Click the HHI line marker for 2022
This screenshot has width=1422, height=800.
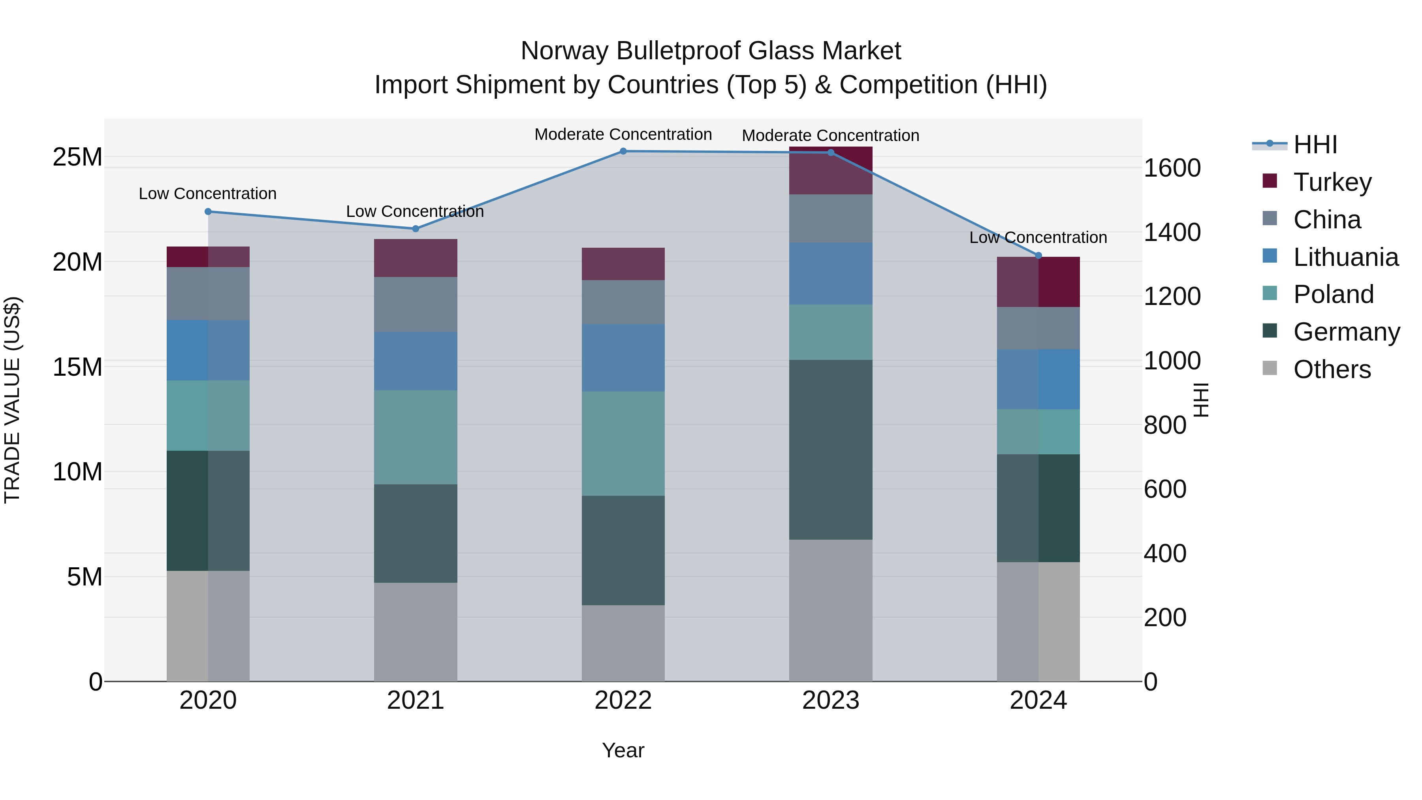coord(623,151)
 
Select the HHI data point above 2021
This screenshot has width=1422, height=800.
coord(416,229)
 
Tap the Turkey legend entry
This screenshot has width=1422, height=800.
coord(1332,182)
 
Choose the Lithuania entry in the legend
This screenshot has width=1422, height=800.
coord(1345,257)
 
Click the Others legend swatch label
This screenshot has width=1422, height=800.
coord(1332,369)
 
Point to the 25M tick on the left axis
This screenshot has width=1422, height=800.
coord(77,157)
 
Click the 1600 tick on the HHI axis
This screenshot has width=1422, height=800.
coord(1172,168)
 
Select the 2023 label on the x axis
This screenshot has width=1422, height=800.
coord(830,700)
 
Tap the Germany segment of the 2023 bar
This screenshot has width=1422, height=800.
coord(830,450)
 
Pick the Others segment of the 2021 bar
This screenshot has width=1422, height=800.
coord(416,632)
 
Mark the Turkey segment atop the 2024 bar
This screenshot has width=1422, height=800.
coord(1038,282)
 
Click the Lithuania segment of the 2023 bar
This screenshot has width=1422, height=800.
coord(830,273)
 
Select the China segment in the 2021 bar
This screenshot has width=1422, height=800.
coord(416,304)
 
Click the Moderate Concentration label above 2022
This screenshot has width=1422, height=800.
coord(623,134)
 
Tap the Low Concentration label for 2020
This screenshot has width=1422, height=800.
coord(207,194)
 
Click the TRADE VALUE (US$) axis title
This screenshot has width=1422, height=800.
coord(12,400)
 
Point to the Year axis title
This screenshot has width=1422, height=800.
coord(623,750)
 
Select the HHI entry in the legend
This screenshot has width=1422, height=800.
coord(1315,145)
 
